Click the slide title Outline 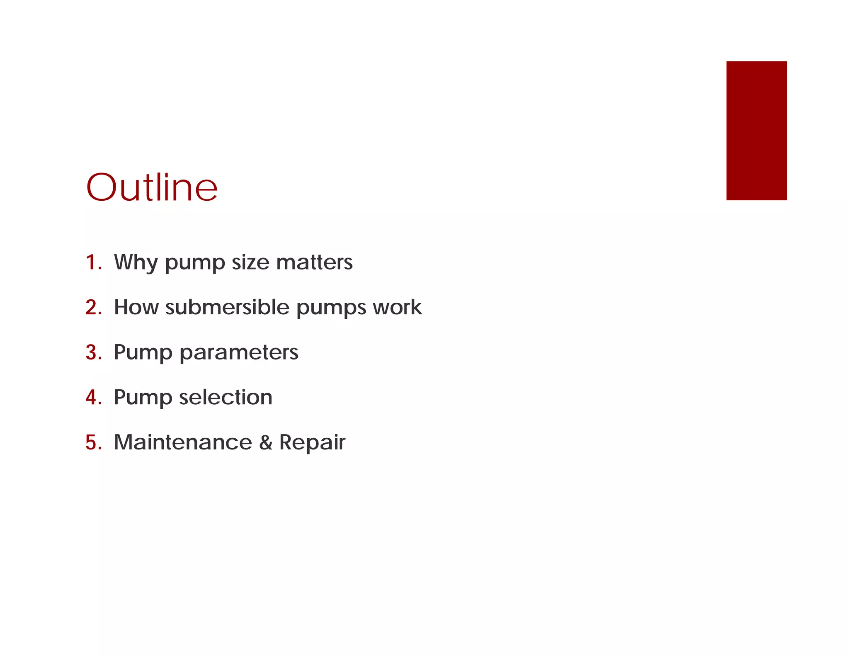[152, 187]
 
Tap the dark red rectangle [756, 131]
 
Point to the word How [136, 307]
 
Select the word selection [226, 397]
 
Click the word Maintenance [183, 442]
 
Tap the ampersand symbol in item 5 [266, 442]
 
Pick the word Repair [312, 443]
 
